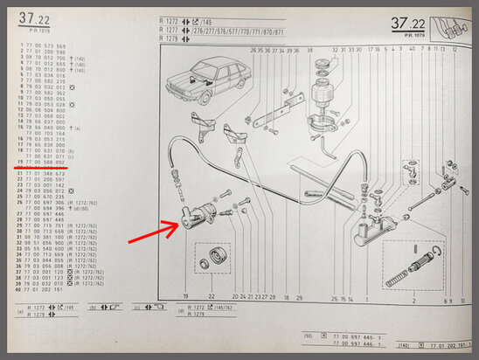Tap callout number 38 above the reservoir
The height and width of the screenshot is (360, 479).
point(309,51)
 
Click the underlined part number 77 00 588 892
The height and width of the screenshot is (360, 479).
point(44,162)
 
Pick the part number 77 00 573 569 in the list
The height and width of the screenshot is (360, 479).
point(44,45)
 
